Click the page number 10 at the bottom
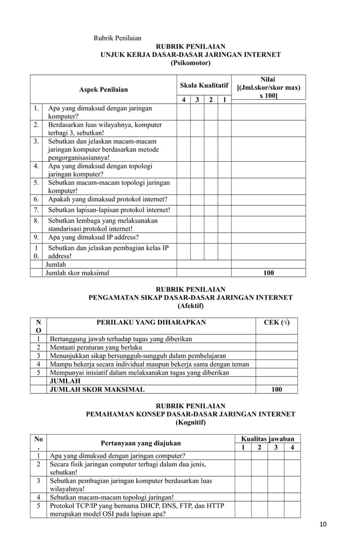322,525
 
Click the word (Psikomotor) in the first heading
190,64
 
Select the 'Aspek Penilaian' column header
103,89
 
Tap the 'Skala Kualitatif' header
204,85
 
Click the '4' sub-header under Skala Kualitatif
183,100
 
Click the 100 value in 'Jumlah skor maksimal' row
269,273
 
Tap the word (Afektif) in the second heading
190,306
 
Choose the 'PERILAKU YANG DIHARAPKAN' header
151,323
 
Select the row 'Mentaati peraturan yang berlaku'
98,347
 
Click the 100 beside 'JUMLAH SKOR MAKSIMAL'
276,389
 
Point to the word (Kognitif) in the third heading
190,422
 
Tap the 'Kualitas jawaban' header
267,439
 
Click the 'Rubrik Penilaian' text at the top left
117,38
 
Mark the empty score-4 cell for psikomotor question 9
183,237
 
